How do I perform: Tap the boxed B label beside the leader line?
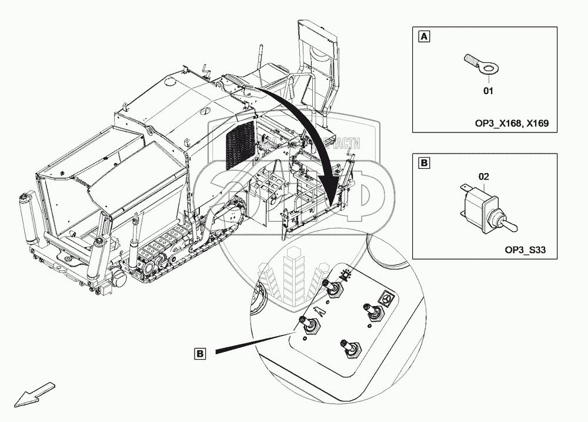[201, 354]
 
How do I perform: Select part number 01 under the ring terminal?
[487, 91]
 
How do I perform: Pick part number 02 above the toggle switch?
[483, 176]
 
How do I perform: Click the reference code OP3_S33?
[526, 250]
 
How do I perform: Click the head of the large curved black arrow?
[333, 194]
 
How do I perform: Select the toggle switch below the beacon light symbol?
[333, 290]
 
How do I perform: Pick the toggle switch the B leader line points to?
[309, 325]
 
